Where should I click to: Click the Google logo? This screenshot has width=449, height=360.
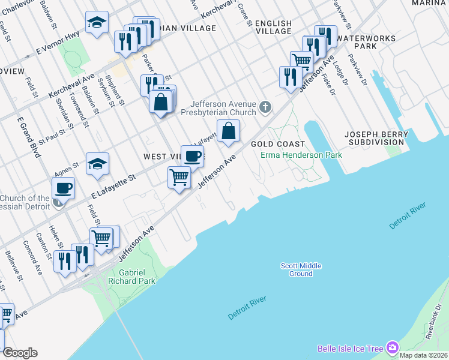pyautogui.click(x=20, y=353)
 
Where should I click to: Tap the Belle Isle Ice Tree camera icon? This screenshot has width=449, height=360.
pyautogui.click(x=393, y=348)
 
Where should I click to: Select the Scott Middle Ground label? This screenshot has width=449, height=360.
pyautogui.click(x=301, y=269)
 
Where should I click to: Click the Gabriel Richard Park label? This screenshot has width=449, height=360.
pyautogui.click(x=128, y=277)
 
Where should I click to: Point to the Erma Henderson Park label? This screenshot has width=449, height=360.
pyautogui.click(x=301, y=155)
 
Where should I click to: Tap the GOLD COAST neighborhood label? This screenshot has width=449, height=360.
pyautogui.click(x=278, y=145)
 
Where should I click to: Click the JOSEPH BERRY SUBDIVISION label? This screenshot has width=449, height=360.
pyautogui.click(x=373, y=137)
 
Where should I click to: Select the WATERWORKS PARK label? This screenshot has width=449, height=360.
pyautogui.click(x=365, y=42)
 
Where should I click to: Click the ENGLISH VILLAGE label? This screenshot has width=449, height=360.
pyautogui.click(x=273, y=28)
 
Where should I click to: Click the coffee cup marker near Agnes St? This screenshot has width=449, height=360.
pyautogui.click(x=63, y=189)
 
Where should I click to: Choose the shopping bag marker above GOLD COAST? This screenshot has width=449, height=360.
pyautogui.click(x=228, y=131)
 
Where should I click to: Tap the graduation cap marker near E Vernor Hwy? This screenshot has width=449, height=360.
pyautogui.click(x=97, y=23)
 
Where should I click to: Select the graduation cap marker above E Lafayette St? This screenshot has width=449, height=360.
pyautogui.click(x=97, y=164)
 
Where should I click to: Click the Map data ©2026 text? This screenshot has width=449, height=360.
pyautogui.click(x=423, y=355)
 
